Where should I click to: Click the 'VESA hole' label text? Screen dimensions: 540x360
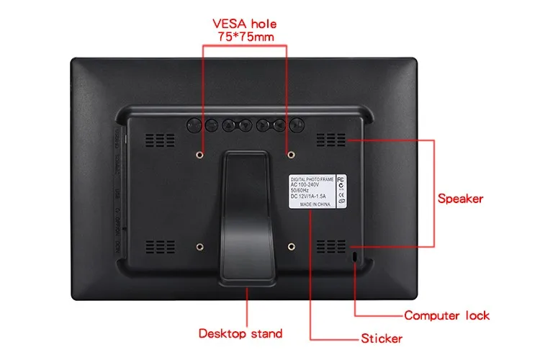tap(246, 22)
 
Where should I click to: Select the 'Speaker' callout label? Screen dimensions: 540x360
tap(460, 198)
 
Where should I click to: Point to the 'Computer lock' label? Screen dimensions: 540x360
tap(446, 315)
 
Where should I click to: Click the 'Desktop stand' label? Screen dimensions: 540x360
tap(240, 333)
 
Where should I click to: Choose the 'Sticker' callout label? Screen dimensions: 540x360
tap(381, 338)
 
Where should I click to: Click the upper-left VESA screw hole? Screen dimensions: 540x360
tap(201, 153)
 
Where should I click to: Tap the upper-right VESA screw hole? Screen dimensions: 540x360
tap(291, 153)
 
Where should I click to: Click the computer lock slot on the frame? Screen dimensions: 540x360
tap(355, 256)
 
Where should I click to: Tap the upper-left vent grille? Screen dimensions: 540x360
tap(156, 138)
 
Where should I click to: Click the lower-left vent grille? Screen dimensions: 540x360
tap(156, 245)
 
